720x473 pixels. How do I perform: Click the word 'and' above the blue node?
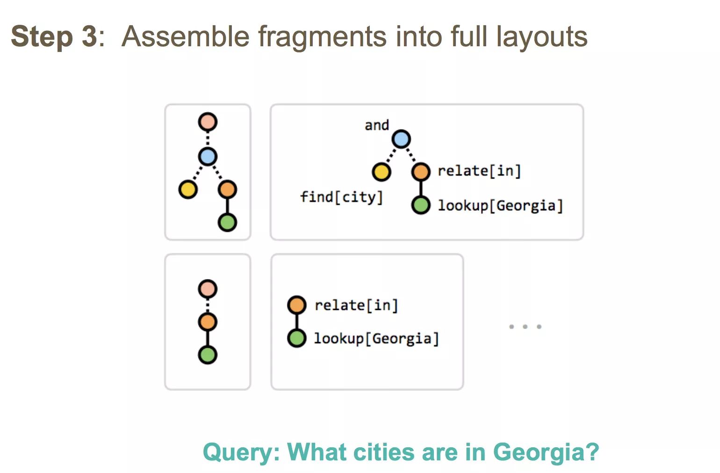tap(377, 125)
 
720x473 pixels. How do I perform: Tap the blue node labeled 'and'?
tap(401, 139)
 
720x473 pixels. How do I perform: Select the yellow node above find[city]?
tap(382, 172)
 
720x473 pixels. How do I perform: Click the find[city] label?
tap(341, 197)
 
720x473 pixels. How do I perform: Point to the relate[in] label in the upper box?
tap(479, 171)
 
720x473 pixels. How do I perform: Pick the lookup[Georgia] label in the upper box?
tap(500, 206)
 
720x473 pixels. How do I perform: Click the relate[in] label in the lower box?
tap(356, 306)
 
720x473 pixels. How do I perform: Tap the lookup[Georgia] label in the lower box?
tap(376, 338)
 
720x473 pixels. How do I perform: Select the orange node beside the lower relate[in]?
tap(297, 305)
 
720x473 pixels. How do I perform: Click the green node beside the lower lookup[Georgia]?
tap(297, 338)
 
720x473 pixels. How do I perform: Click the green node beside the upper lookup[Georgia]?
tap(421, 205)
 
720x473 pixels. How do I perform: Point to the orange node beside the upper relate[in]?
tap(421, 172)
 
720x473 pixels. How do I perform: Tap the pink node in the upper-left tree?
tap(208, 122)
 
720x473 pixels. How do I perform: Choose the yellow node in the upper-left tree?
tap(188, 189)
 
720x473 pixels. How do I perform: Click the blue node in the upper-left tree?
tap(208, 156)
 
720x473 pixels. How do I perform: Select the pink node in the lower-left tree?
tap(208, 289)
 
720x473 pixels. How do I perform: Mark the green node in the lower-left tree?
tap(208, 355)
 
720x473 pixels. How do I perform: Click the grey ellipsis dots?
tap(525, 326)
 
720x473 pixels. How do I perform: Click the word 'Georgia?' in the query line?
tap(546, 452)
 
